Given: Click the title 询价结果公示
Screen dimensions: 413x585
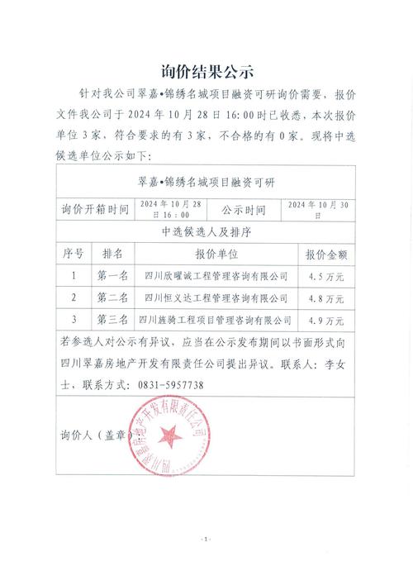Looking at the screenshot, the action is point(206,70).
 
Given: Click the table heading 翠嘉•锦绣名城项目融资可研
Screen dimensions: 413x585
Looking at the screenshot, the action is point(206,182).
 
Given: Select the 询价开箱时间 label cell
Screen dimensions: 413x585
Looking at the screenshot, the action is point(95,210).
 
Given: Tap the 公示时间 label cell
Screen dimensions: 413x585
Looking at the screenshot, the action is point(244,210).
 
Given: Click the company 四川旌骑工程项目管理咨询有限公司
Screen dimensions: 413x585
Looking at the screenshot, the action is point(216,319).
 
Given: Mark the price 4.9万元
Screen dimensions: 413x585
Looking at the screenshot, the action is point(326,319).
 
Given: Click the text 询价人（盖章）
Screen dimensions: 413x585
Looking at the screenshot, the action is point(93,433).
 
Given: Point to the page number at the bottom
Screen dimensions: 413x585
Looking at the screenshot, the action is point(206,538).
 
